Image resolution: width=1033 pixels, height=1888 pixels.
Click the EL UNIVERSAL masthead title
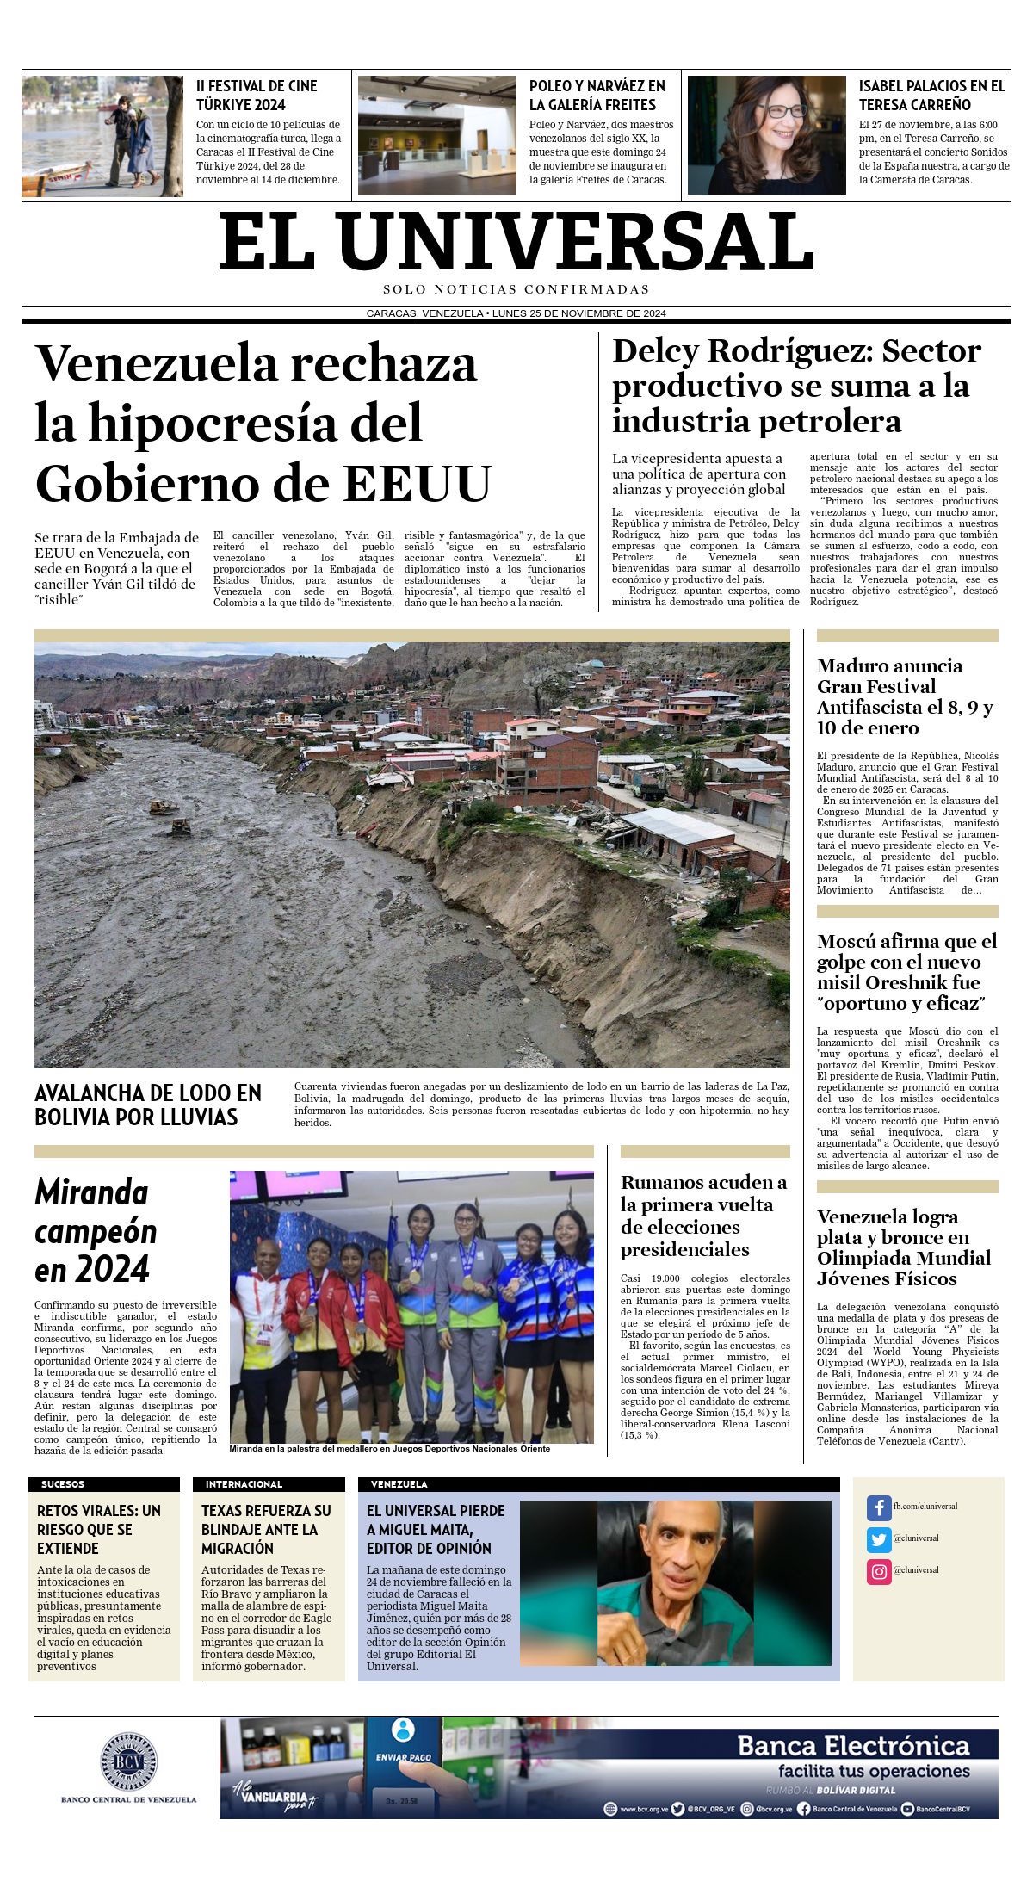[516, 242]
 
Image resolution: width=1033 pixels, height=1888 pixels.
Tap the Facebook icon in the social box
[879, 1507]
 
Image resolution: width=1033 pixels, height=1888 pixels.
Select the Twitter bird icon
[879, 1538]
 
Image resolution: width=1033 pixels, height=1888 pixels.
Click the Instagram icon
[879, 1571]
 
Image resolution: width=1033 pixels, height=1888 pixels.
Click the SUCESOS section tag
[63, 1484]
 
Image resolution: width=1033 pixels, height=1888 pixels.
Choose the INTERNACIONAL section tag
[244, 1484]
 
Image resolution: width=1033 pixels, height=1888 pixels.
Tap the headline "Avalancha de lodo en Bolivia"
[147, 1105]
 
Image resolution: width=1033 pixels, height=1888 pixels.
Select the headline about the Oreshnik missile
[906, 972]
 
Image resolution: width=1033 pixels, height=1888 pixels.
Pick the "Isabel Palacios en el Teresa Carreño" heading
[931, 96]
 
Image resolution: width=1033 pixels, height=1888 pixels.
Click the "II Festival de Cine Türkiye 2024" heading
[257, 96]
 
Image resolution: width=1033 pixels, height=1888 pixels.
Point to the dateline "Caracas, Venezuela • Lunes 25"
[516, 313]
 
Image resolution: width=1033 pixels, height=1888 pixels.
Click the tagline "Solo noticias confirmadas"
[516, 289]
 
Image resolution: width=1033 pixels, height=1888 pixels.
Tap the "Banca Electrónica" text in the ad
[853, 1745]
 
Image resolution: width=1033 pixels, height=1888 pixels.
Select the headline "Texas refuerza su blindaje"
[266, 1529]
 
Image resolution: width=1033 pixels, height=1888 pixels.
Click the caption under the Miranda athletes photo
[389, 1449]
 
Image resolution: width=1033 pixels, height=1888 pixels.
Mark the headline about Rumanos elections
[703, 1216]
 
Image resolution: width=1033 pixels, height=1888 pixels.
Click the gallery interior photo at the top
[436, 135]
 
